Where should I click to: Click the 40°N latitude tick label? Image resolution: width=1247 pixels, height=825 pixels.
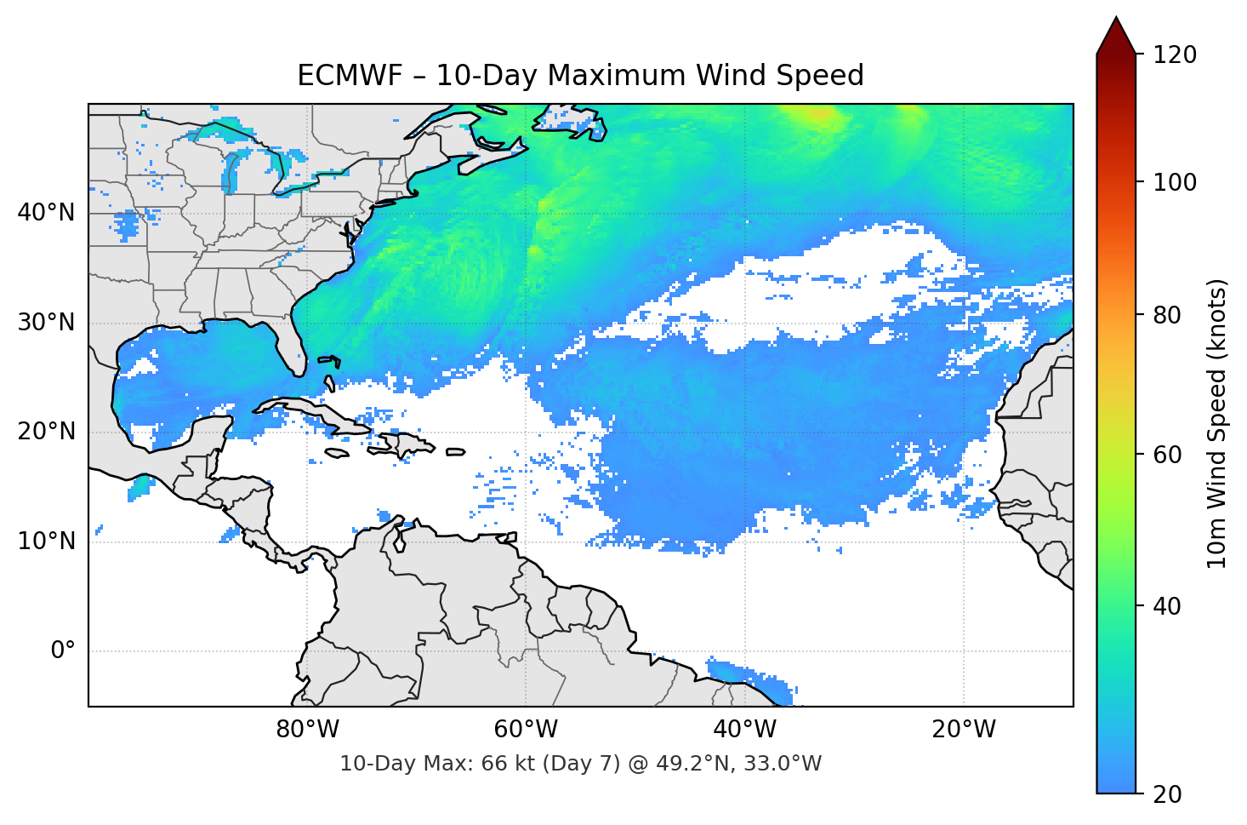click(x=46, y=212)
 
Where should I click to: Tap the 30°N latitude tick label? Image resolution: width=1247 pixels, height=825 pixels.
click(x=46, y=323)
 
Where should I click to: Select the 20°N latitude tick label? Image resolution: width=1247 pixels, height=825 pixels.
click(x=46, y=432)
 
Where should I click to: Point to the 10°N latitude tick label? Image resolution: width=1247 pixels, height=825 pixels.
click(x=46, y=541)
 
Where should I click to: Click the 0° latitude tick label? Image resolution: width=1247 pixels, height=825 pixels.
click(x=62, y=651)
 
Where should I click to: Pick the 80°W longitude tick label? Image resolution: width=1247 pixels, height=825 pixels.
click(x=307, y=730)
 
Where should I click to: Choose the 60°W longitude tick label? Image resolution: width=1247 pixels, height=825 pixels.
click(x=526, y=730)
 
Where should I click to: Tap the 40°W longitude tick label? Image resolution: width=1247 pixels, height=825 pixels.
click(x=744, y=730)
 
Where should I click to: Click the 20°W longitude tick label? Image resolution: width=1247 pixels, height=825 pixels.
click(x=964, y=730)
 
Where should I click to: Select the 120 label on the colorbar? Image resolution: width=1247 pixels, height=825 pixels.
click(x=1174, y=54)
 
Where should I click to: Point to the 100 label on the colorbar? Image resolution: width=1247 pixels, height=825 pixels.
click(x=1174, y=182)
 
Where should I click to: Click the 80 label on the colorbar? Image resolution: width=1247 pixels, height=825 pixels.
click(x=1167, y=315)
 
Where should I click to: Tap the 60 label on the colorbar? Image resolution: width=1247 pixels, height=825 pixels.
click(x=1167, y=455)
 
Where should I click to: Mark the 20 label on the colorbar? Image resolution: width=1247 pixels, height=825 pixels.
click(x=1167, y=794)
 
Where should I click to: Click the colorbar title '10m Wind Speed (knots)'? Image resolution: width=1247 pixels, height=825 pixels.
click(x=1217, y=423)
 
